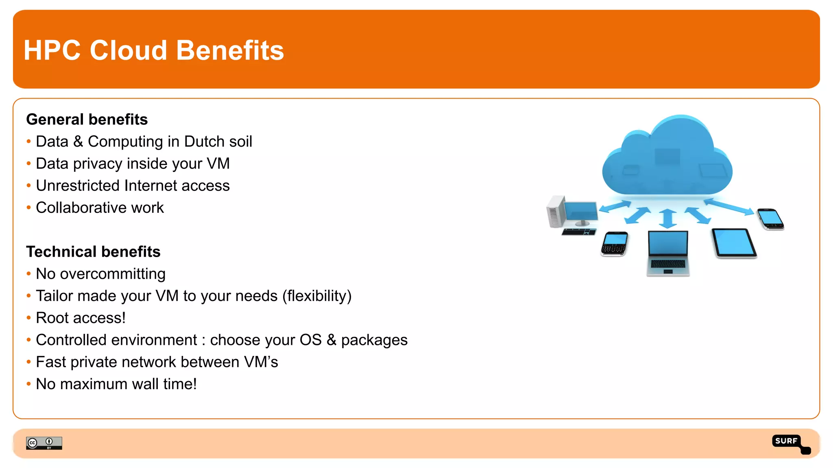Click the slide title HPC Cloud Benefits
pos(154,50)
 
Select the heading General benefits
pos(87,119)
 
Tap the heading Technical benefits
pos(93,252)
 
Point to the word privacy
pos(98,164)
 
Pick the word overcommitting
pos(113,274)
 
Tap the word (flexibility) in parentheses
pos(317,296)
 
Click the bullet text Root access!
pos(81,318)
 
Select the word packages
pos(374,340)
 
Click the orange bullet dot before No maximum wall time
pos(28,384)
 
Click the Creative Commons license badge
pos(44,443)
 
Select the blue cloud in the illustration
pos(667,158)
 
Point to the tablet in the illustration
pos(733,243)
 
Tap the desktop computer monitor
pos(580,212)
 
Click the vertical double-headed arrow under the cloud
pos(667,218)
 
